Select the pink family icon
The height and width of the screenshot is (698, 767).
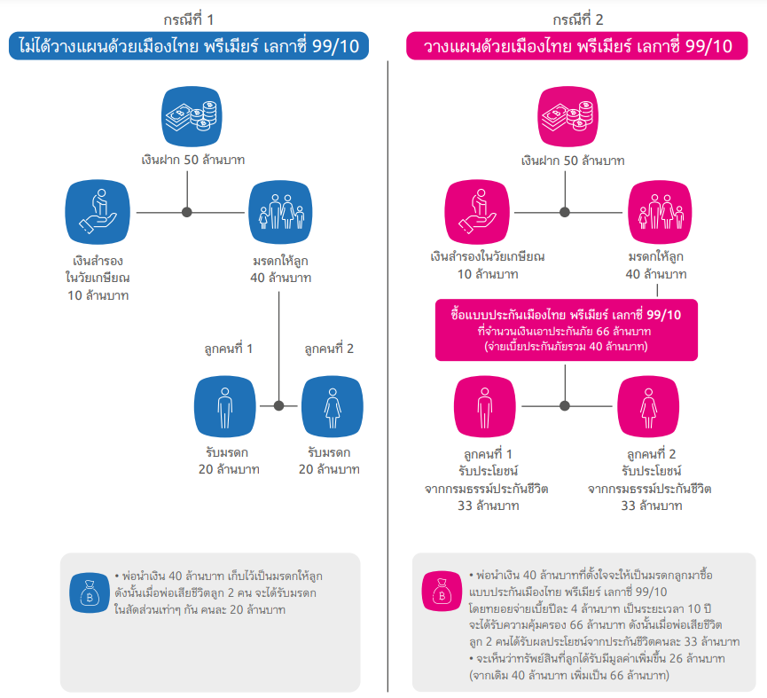657,212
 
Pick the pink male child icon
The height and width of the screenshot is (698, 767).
485,406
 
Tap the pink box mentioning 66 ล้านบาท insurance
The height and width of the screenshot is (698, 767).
565,330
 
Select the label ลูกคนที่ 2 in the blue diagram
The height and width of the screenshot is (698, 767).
328,349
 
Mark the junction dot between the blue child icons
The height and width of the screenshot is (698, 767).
279,405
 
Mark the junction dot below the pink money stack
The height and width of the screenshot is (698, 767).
565,212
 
